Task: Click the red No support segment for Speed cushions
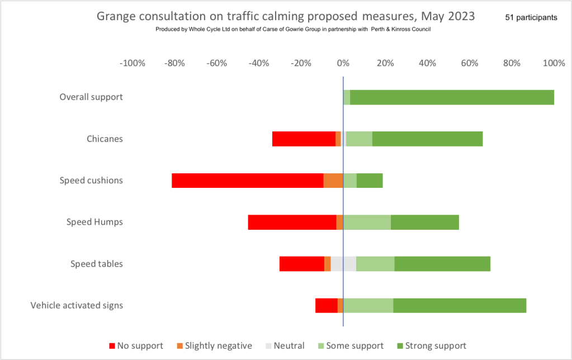pyautogui.click(x=247, y=181)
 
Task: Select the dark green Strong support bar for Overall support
pyautogui.click(x=452, y=97)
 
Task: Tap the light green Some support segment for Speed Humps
pyautogui.click(x=367, y=222)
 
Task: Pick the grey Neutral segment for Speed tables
pyautogui.click(x=343, y=264)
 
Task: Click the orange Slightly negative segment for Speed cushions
pyautogui.click(x=333, y=181)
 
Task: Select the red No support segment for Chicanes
pyautogui.click(x=304, y=139)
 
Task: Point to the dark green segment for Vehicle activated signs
pyautogui.click(x=460, y=305)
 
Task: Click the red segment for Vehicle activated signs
pyautogui.click(x=326, y=305)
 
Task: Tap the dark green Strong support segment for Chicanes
pyautogui.click(x=427, y=139)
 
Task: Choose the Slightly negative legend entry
pyautogui.click(x=214, y=345)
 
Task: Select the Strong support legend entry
pyautogui.click(x=431, y=345)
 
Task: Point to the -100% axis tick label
pyautogui.click(x=133, y=63)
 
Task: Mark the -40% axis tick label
pyautogui.click(x=259, y=63)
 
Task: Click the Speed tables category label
pyautogui.click(x=96, y=264)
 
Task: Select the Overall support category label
pyautogui.click(x=91, y=97)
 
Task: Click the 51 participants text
pyautogui.click(x=531, y=17)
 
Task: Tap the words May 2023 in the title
pyautogui.click(x=446, y=16)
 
